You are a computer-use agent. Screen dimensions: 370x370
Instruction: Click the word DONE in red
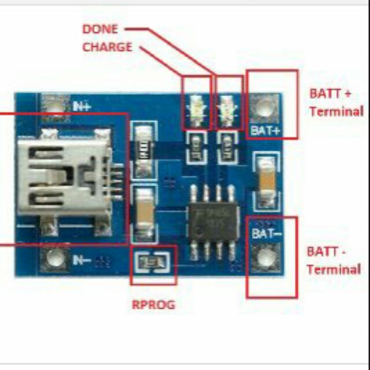tap(100, 29)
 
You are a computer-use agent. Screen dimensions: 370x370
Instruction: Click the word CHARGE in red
tap(107, 46)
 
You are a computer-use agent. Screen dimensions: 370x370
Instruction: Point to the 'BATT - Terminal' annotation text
tap(334, 260)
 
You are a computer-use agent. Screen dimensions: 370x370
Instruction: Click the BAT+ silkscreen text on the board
tap(265, 131)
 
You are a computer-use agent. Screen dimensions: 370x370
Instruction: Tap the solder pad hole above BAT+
tap(265, 108)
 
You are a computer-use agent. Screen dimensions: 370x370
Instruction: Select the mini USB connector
tap(64, 176)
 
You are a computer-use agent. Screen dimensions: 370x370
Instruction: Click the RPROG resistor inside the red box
tap(153, 264)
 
